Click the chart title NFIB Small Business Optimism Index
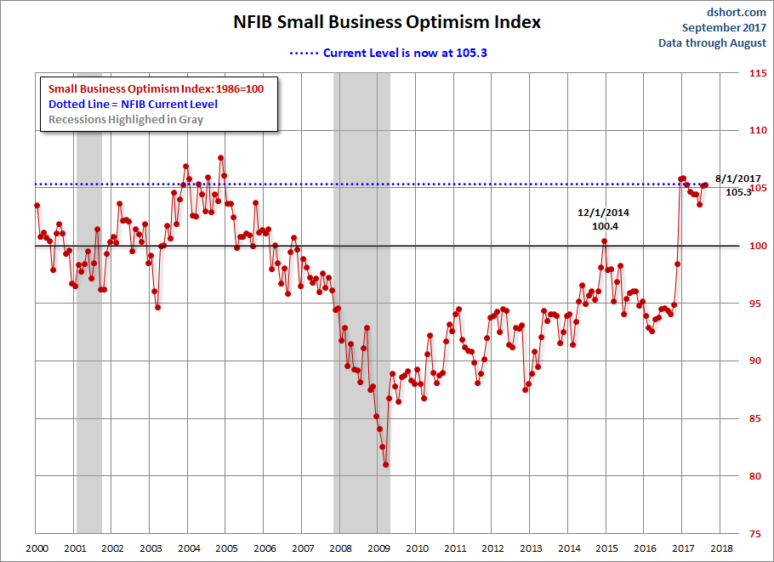click(387, 22)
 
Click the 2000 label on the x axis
click(37, 548)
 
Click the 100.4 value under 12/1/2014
click(606, 226)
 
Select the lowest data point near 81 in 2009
click(385, 465)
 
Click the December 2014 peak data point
click(605, 241)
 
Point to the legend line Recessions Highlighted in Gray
click(126, 119)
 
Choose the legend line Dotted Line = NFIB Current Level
click(133, 104)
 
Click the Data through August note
click(712, 43)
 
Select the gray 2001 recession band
click(89, 298)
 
